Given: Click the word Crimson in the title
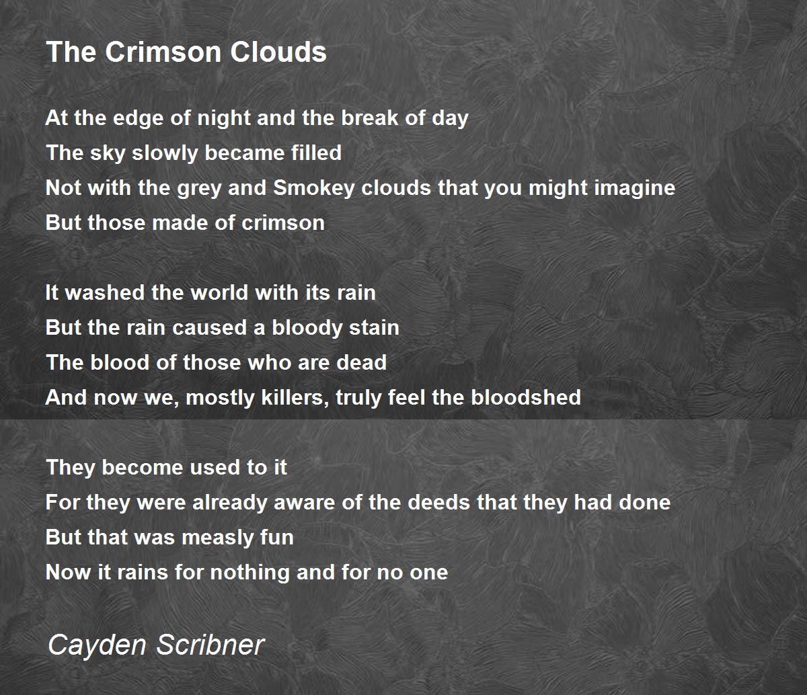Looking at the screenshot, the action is [x=163, y=52].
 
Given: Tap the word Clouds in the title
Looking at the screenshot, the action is [x=278, y=52].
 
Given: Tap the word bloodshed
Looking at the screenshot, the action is [x=526, y=398].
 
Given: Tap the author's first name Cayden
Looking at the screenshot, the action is [x=97, y=646].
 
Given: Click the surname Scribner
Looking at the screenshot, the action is [x=210, y=645].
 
